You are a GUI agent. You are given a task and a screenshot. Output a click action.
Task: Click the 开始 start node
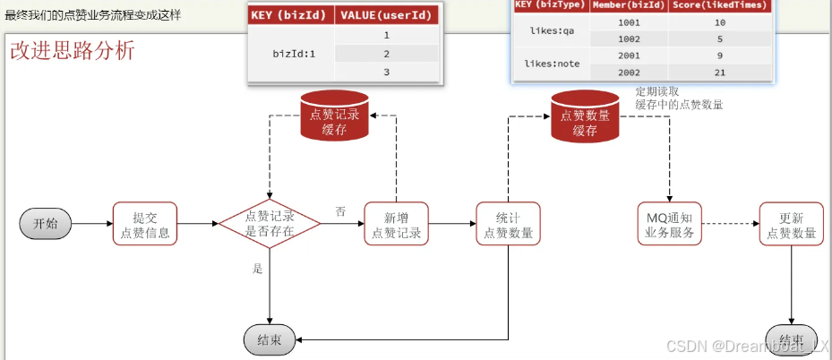click(x=46, y=224)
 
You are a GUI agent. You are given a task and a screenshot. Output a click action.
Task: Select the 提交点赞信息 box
click(x=145, y=224)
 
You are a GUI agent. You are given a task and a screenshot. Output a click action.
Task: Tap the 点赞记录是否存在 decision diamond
click(x=270, y=224)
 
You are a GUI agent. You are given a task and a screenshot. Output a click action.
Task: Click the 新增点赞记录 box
click(x=396, y=224)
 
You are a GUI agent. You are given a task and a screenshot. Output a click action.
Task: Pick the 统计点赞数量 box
click(x=509, y=224)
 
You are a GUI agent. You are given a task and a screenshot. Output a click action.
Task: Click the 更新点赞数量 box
click(x=792, y=224)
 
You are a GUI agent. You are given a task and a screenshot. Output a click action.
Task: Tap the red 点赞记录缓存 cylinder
click(x=334, y=118)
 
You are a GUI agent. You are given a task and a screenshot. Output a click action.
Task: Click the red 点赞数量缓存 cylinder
click(x=584, y=119)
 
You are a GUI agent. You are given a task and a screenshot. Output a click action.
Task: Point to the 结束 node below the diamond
click(x=270, y=339)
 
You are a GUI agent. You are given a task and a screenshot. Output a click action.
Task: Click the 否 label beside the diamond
click(x=340, y=211)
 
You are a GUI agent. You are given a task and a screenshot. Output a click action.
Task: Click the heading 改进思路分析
click(x=73, y=50)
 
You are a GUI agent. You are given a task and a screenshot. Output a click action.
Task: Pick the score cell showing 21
click(x=719, y=72)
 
